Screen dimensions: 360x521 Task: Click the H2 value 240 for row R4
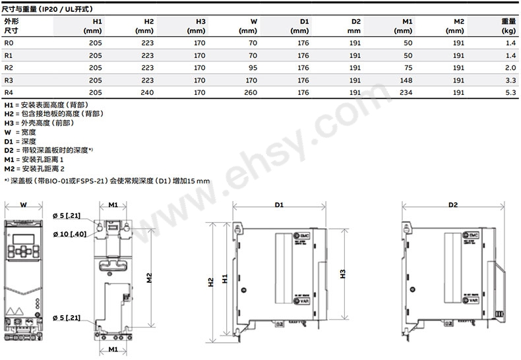click(x=147, y=92)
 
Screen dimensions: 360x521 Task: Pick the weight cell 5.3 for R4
click(x=510, y=92)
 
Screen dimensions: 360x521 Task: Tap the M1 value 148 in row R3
click(x=406, y=80)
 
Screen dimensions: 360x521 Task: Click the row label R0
click(x=9, y=42)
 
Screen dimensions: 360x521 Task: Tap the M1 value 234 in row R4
click(x=406, y=92)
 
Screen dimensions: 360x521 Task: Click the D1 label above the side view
click(x=279, y=205)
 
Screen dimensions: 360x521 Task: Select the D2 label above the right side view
click(x=452, y=205)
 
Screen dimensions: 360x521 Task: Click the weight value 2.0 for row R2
click(x=510, y=67)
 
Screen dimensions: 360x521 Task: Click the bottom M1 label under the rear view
click(x=113, y=349)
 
